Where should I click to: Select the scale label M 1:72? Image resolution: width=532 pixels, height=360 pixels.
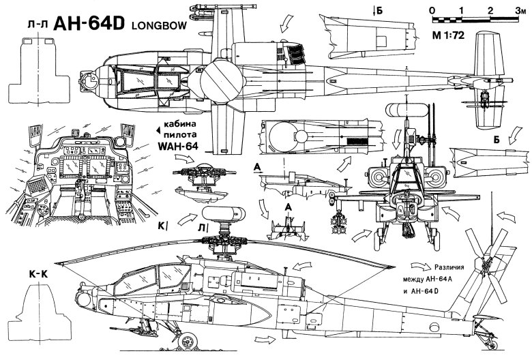(x=447, y=35)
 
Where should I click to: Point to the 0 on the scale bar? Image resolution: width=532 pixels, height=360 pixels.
(x=434, y=11)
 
